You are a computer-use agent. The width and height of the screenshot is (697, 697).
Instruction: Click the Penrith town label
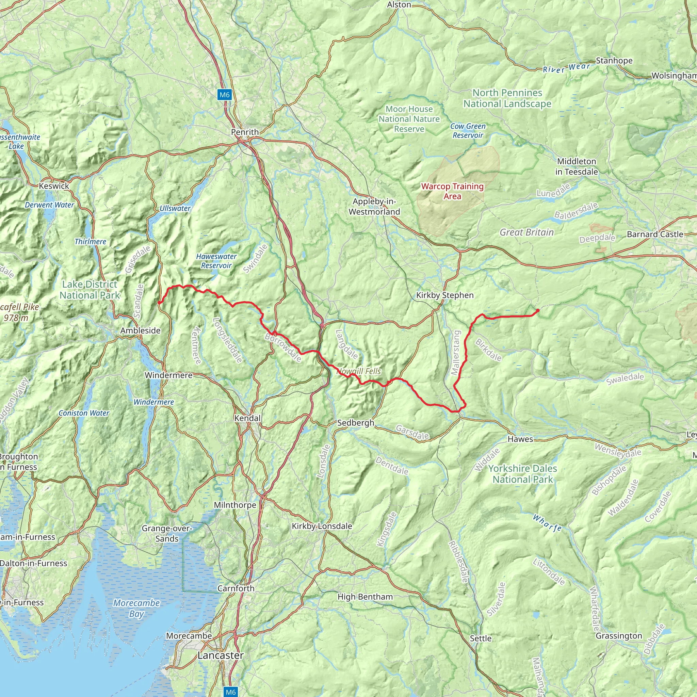click(245, 132)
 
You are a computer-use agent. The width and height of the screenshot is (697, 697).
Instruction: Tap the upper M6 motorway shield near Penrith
click(224, 95)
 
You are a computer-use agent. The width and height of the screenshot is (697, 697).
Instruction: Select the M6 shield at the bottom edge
click(230, 692)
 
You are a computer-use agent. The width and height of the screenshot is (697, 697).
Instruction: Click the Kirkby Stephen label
click(445, 295)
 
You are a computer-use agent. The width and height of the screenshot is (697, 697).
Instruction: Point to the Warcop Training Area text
click(452, 191)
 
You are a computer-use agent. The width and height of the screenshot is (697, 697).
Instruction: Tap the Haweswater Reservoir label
click(216, 261)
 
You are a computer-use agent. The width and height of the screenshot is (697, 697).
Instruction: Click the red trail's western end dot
click(159, 303)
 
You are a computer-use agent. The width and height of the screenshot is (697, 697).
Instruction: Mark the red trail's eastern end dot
click(537, 310)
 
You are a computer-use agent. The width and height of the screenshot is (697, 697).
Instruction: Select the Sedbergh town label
click(355, 422)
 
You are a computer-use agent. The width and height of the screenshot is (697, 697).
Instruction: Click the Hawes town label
click(520, 439)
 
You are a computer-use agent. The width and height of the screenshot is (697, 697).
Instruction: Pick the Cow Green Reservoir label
click(468, 131)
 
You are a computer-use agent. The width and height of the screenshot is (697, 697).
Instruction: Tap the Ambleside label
click(140, 330)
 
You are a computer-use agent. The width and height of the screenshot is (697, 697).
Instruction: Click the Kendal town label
click(247, 418)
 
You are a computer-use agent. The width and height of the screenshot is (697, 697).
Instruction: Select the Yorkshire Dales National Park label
click(523, 474)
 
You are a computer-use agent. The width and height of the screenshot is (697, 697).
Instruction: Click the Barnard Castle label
click(655, 234)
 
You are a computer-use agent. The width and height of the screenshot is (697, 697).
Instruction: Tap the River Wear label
click(566, 68)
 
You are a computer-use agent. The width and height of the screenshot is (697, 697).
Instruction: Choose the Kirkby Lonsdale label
click(322, 526)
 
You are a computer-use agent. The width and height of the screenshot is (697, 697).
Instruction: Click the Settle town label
click(481, 638)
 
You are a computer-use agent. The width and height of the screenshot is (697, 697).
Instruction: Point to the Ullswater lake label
click(175, 208)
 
